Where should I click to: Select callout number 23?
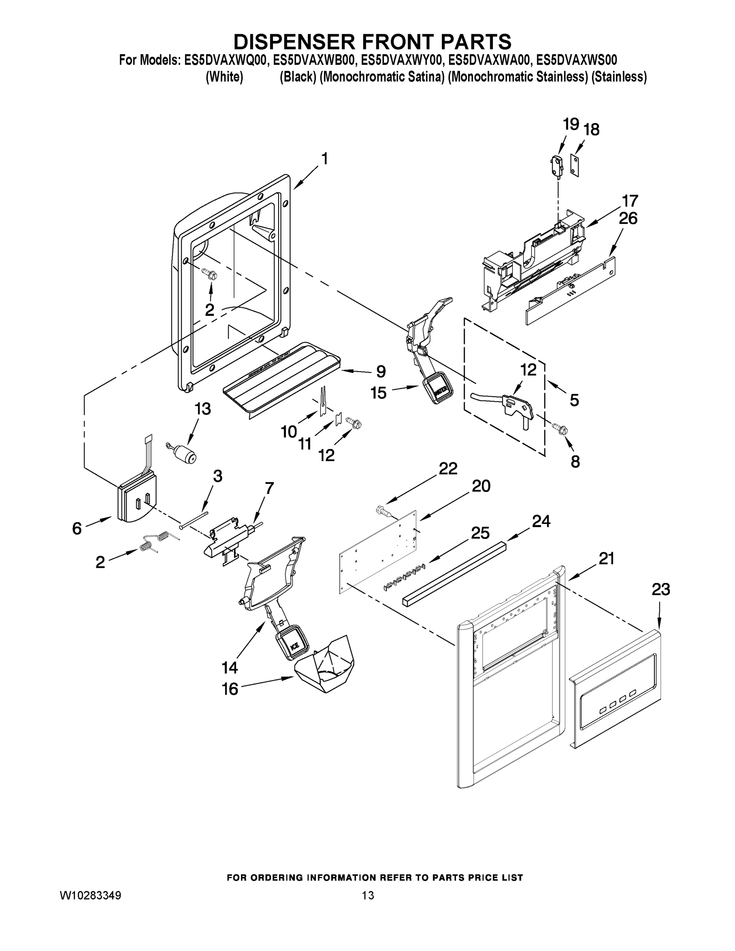[661, 590]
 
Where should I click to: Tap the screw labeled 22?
[383, 510]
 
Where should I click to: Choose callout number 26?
[628, 219]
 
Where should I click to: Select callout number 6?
[77, 529]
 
